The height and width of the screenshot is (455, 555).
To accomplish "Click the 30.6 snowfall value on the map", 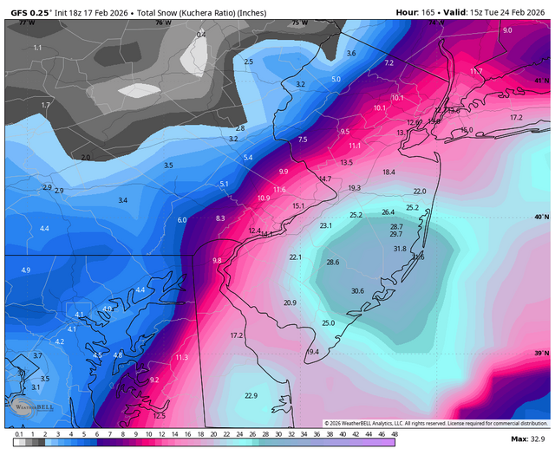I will point(357,291).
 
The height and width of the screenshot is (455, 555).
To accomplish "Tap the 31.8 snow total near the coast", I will point(400,249).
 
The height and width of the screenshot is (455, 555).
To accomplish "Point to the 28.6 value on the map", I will point(332,263).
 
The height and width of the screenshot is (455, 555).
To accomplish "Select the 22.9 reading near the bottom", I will point(251,396).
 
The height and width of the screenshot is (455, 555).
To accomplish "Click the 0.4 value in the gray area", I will point(202,34).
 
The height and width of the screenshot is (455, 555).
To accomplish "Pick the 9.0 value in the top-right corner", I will point(507,30).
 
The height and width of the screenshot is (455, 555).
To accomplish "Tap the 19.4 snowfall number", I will point(313,352).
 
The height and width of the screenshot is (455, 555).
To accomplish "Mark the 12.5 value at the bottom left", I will point(159,417).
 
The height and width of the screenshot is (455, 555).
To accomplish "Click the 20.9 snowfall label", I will point(290,303).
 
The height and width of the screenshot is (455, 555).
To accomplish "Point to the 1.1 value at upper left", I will point(37,48).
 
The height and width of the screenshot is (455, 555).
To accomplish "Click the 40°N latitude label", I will point(539,217).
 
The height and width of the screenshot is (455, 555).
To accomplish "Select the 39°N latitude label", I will point(539,354).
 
